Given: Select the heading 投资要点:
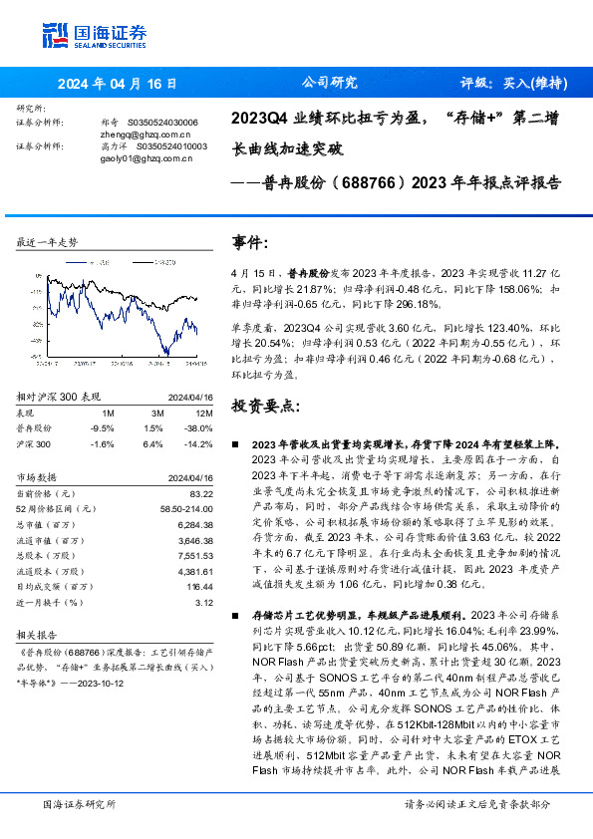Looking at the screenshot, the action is pyautogui.click(x=264, y=407).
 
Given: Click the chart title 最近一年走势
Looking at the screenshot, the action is pyautogui.click(x=47, y=242).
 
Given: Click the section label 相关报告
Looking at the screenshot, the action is pyautogui.click(x=37, y=633).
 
